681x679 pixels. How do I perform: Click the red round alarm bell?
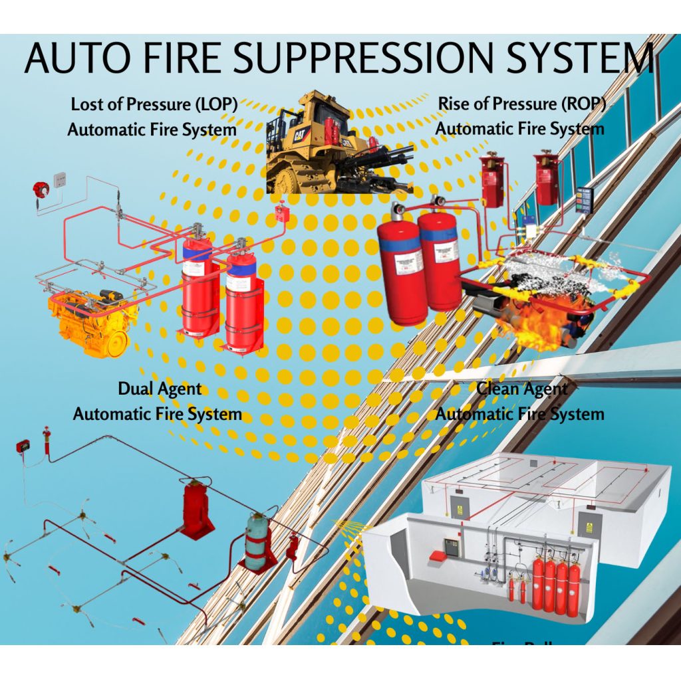(x=39, y=189)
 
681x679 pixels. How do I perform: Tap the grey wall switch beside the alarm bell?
(x=60, y=178)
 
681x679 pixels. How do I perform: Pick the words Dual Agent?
(x=160, y=389)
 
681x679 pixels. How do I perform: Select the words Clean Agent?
(x=523, y=389)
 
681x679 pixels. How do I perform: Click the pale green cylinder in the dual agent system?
(x=256, y=541)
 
